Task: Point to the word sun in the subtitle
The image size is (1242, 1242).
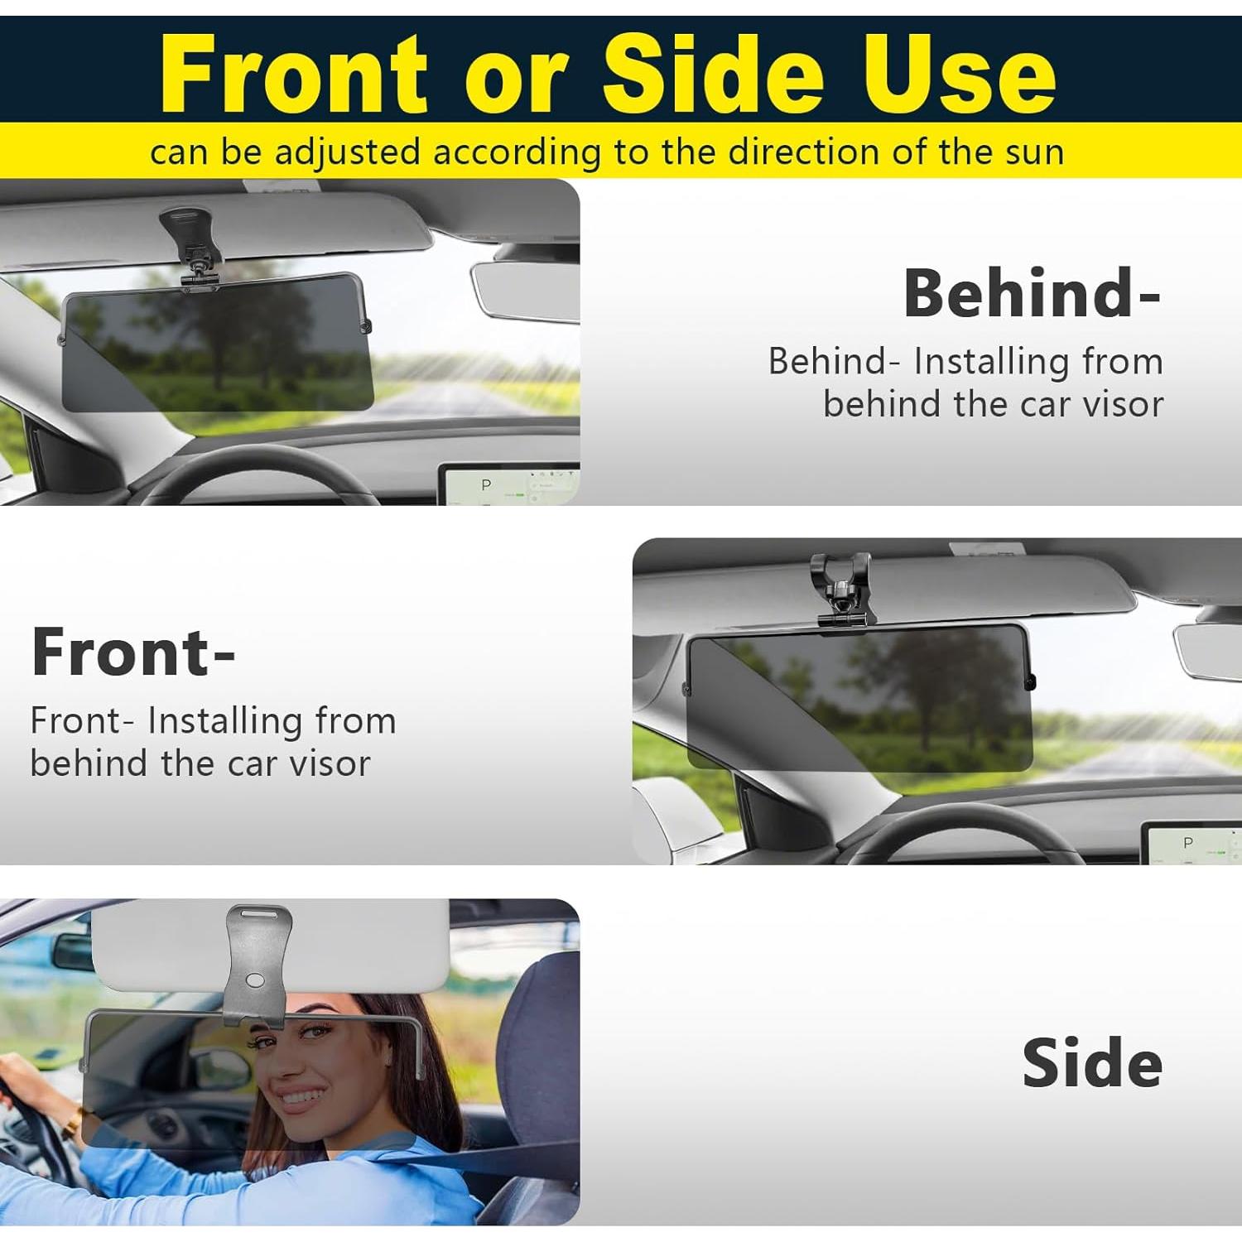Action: click(1034, 152)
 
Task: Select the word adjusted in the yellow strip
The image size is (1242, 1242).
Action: click(347, 153)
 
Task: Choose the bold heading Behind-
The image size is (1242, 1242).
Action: click(1031, 293)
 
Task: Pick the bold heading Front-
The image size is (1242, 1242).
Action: click(133, 652)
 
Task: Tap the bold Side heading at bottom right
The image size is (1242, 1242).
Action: click(1091, 1063)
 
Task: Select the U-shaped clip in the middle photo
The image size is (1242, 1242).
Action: click(841, 588)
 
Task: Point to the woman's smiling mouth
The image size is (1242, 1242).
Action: click(301, 1096)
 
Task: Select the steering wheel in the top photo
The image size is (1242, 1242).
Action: click(257, 472)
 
